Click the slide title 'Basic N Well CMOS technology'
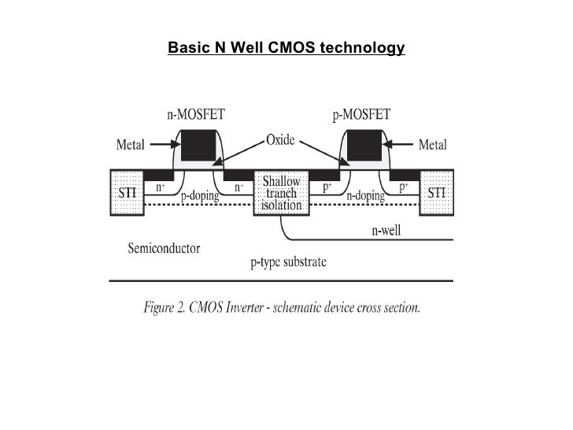pyautogui.click(x=286, y=49)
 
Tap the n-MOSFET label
pyautogui.click(x=194, y=114)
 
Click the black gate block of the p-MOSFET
pyautogui.click(x=364, y=146)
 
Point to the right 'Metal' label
pyautogui.click(x=432, y=145)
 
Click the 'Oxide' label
pyautogui.click(x=280, y=140)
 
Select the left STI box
pyautogui.click(x=125, y=192)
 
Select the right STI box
pyautogui.click(x=436, y=192)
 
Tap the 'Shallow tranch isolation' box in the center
pyautogui.click(x=281, y=193)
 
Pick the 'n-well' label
pyautogui.click(x=386, y=232)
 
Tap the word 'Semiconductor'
pyautogui.click(x=164, y=249)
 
